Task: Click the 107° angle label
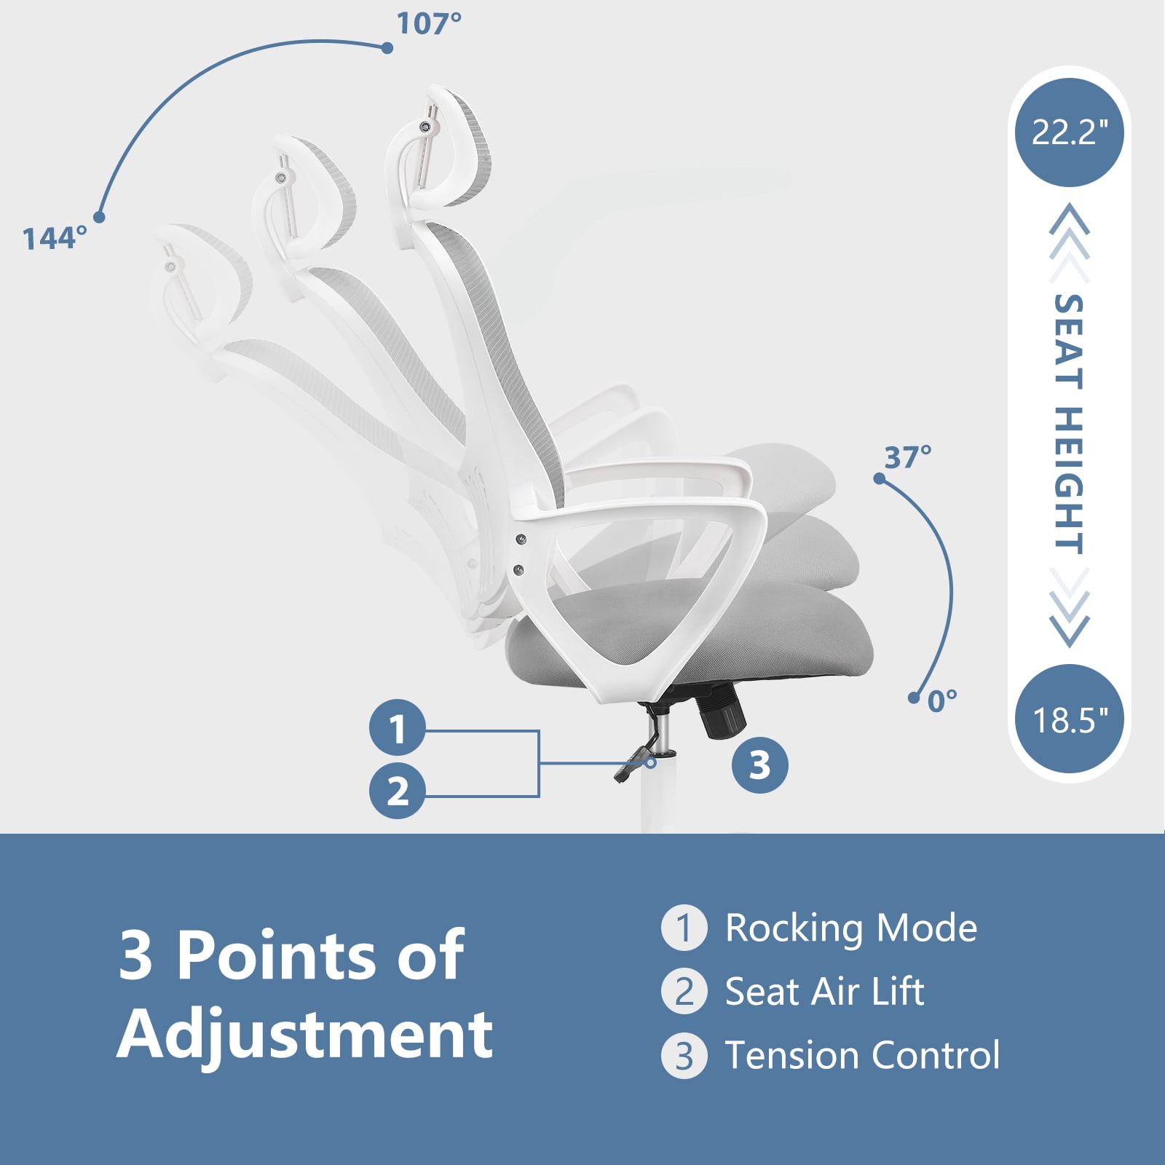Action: pos(429,23)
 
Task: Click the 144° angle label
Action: pos(55,238)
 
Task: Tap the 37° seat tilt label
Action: pos(907,457)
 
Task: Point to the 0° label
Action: pos(942,701)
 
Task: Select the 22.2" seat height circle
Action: pos(1069,133)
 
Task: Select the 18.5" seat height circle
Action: pos(1069,719)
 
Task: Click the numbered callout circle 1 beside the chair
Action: pos(398,727)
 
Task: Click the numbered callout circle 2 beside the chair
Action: pos(398,791)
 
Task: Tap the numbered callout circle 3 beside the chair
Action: pos(759,765)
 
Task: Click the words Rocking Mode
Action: pos(850,928)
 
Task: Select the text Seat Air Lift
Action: pos(824,992)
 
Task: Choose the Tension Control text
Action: pos(862,1056)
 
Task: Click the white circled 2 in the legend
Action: pos(684,992)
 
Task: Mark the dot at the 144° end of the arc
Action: pos(99,217)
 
